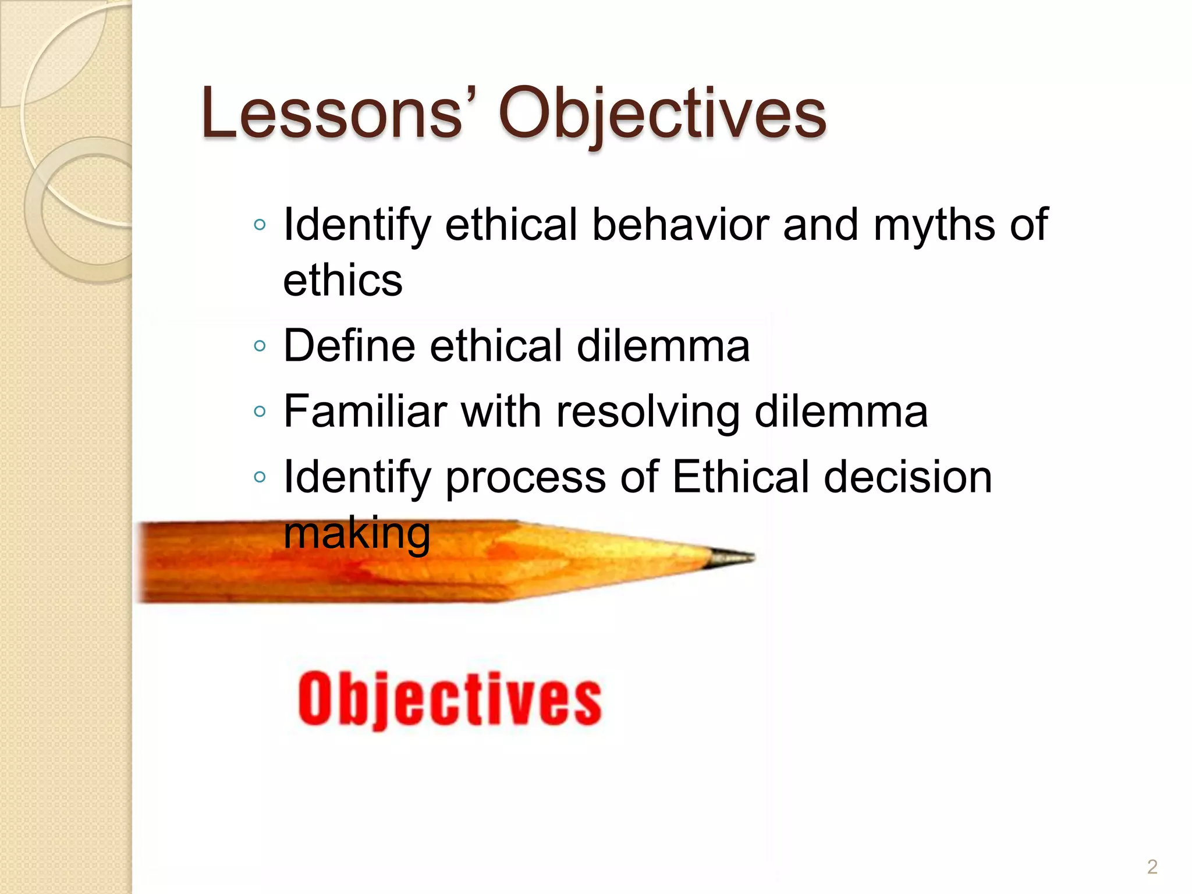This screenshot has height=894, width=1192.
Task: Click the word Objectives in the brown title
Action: pyautogui.click(x=662, y=114)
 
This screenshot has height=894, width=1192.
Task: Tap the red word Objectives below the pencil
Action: pyautogui.click(x=449, y=700)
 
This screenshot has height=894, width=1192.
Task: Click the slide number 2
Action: pyautogui.click(x=1152, y=867)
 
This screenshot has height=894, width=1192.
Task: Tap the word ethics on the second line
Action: pyautogui.click(x=343, y=280)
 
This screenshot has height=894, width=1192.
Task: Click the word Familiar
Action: pyautogui.click(x=366, y=411)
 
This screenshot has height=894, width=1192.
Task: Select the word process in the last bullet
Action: pyautogui.click(x=526, y=478)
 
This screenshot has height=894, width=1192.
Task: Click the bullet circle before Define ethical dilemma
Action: pyautogui.click(x=260, y=347)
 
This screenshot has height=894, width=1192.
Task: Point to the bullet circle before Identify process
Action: pyautogui.click(x=260, y=478)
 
